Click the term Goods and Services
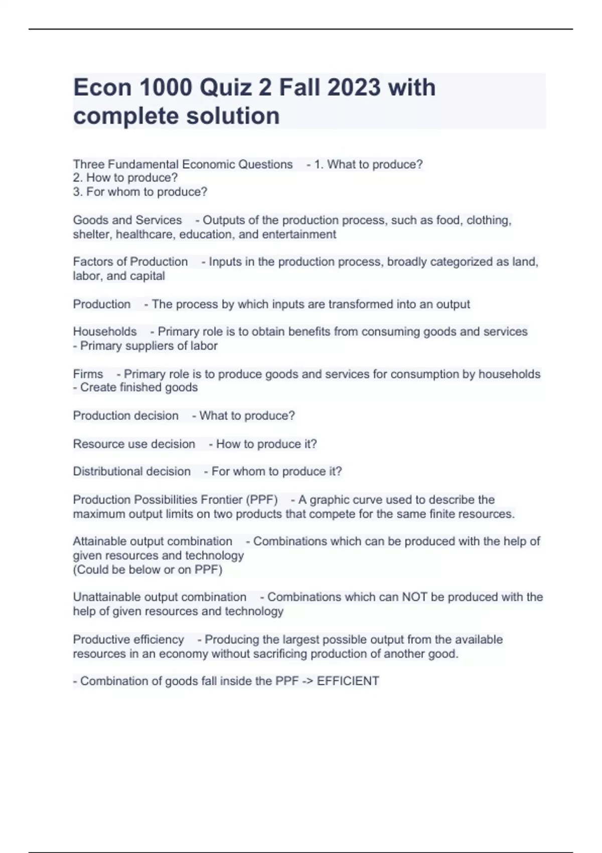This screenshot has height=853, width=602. tap(127, 220)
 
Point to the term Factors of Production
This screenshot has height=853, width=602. tap(130, 262)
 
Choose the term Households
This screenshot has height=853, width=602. tap(105, 332)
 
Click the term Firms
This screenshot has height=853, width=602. tap(88, 374)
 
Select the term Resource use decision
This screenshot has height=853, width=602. tap(134, 444)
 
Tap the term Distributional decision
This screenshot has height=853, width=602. tap(132, 472)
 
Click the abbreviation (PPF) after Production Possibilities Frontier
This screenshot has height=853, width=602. tap(261, 500)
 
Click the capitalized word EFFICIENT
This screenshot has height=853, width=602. tap(348, 681)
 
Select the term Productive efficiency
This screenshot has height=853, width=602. tap(128, 640)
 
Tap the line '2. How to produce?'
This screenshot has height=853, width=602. tap(125, 178)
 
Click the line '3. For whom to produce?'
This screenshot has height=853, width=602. tap(140, 192)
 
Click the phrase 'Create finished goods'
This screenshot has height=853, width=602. tap(139, 387)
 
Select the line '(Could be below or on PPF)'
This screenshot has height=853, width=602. tap(147, 570)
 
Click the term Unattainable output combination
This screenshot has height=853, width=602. tap(160, 597)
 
